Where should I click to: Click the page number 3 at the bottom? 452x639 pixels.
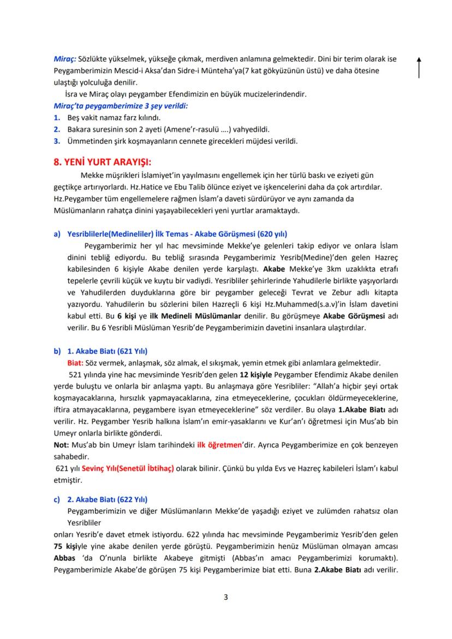(x=225, y=597)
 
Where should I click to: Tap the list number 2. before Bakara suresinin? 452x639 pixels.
(x=56, y=129)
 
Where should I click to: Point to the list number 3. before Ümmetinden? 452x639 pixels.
(x=56, y=141)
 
